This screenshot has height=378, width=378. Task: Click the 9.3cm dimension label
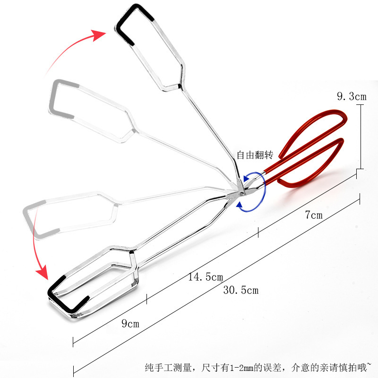(351, 97)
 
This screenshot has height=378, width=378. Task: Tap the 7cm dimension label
(313, 215)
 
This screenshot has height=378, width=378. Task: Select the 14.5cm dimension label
(206, 277)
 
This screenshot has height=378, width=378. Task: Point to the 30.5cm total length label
(241, 290)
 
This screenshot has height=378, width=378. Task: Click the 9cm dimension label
(130, 324)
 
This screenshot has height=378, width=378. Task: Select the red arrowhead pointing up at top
(100, 34)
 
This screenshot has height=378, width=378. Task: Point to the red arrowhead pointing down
(43, 273)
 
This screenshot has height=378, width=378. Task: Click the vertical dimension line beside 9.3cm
(361, 137)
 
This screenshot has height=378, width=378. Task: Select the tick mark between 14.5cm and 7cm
(258, 232)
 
